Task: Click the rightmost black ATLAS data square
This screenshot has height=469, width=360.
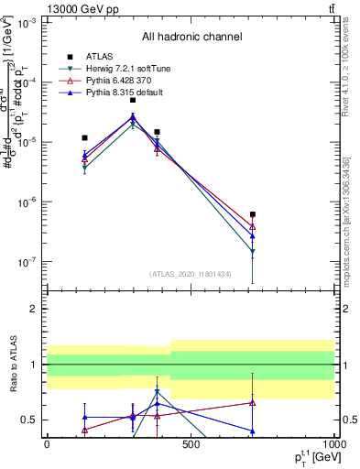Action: point(252,214)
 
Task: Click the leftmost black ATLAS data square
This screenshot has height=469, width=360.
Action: point(84,137)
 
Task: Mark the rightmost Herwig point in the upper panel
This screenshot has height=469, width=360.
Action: point(252,252)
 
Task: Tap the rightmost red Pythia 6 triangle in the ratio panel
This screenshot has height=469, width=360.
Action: point(252,402)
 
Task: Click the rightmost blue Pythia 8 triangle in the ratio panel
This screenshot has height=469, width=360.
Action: point(252,431)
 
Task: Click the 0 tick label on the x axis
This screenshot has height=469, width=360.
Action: point(47,444)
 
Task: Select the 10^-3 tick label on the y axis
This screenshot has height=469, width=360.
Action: point(27,23)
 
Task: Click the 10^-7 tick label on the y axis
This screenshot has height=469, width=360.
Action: point(27,262)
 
